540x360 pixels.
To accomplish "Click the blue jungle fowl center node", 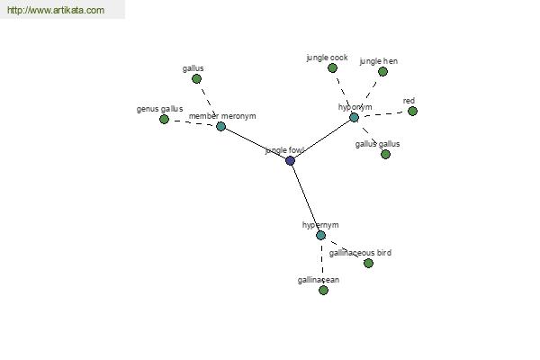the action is click(291, 160).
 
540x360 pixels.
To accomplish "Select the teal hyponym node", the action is click(354, 118).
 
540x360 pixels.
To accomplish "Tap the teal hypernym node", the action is click(320, 235).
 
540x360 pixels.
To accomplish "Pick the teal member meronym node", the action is click(220, 126).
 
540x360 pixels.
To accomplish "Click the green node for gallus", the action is click(196, 79).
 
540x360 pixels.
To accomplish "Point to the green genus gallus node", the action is click(165, 120).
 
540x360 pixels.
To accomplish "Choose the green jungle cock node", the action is click(332, 67).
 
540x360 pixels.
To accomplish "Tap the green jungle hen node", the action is click(382, 72).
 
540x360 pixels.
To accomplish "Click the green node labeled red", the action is click(412, 112).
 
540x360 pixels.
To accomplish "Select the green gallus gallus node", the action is click(386, 154).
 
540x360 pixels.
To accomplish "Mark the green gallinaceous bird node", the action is click(368, 263).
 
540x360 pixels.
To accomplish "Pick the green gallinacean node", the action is click(323, 290).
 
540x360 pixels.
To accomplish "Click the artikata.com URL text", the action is click(56, 10).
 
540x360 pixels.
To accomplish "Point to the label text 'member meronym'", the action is click(222, 116).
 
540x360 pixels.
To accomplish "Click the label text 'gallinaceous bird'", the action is click(360, 253).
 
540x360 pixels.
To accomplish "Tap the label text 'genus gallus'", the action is click(160, 109).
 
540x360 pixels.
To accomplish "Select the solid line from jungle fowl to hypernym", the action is click(305, 198).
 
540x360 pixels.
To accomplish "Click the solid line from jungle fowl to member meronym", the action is click(256, 144).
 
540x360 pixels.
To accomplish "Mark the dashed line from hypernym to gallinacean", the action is click(322, 263).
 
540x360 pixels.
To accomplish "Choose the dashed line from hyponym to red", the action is click(383, 114).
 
